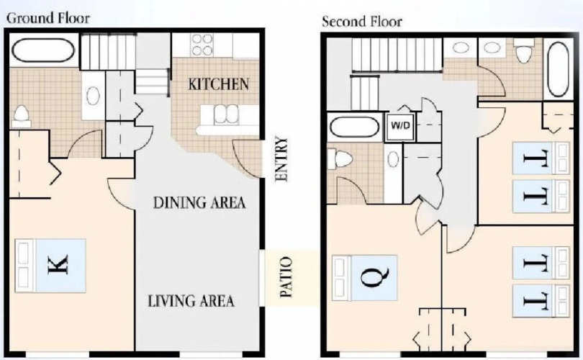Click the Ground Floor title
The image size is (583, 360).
point(48,18)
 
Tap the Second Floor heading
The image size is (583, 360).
point(362,22)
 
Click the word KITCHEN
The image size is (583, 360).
point(219,84)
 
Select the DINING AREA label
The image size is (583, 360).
point(199,203)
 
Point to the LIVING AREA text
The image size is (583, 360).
point(191,301)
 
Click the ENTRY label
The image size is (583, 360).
point(281,160)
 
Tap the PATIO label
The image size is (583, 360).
point(286,276)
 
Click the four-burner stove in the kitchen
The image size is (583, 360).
point(202,45)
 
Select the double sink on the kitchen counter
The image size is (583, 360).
point(226,114)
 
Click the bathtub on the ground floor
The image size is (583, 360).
point(43,50)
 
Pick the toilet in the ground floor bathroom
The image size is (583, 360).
point(21,116)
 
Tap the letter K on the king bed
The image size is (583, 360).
point(58,265)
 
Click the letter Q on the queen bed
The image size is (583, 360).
point(375,277)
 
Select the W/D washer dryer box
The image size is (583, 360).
point(400,126)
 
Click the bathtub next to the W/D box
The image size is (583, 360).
point(354,127)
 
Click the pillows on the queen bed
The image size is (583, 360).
point(341,277)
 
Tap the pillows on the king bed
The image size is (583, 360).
point(24,265)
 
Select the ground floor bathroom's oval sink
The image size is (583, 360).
point(93,96)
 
